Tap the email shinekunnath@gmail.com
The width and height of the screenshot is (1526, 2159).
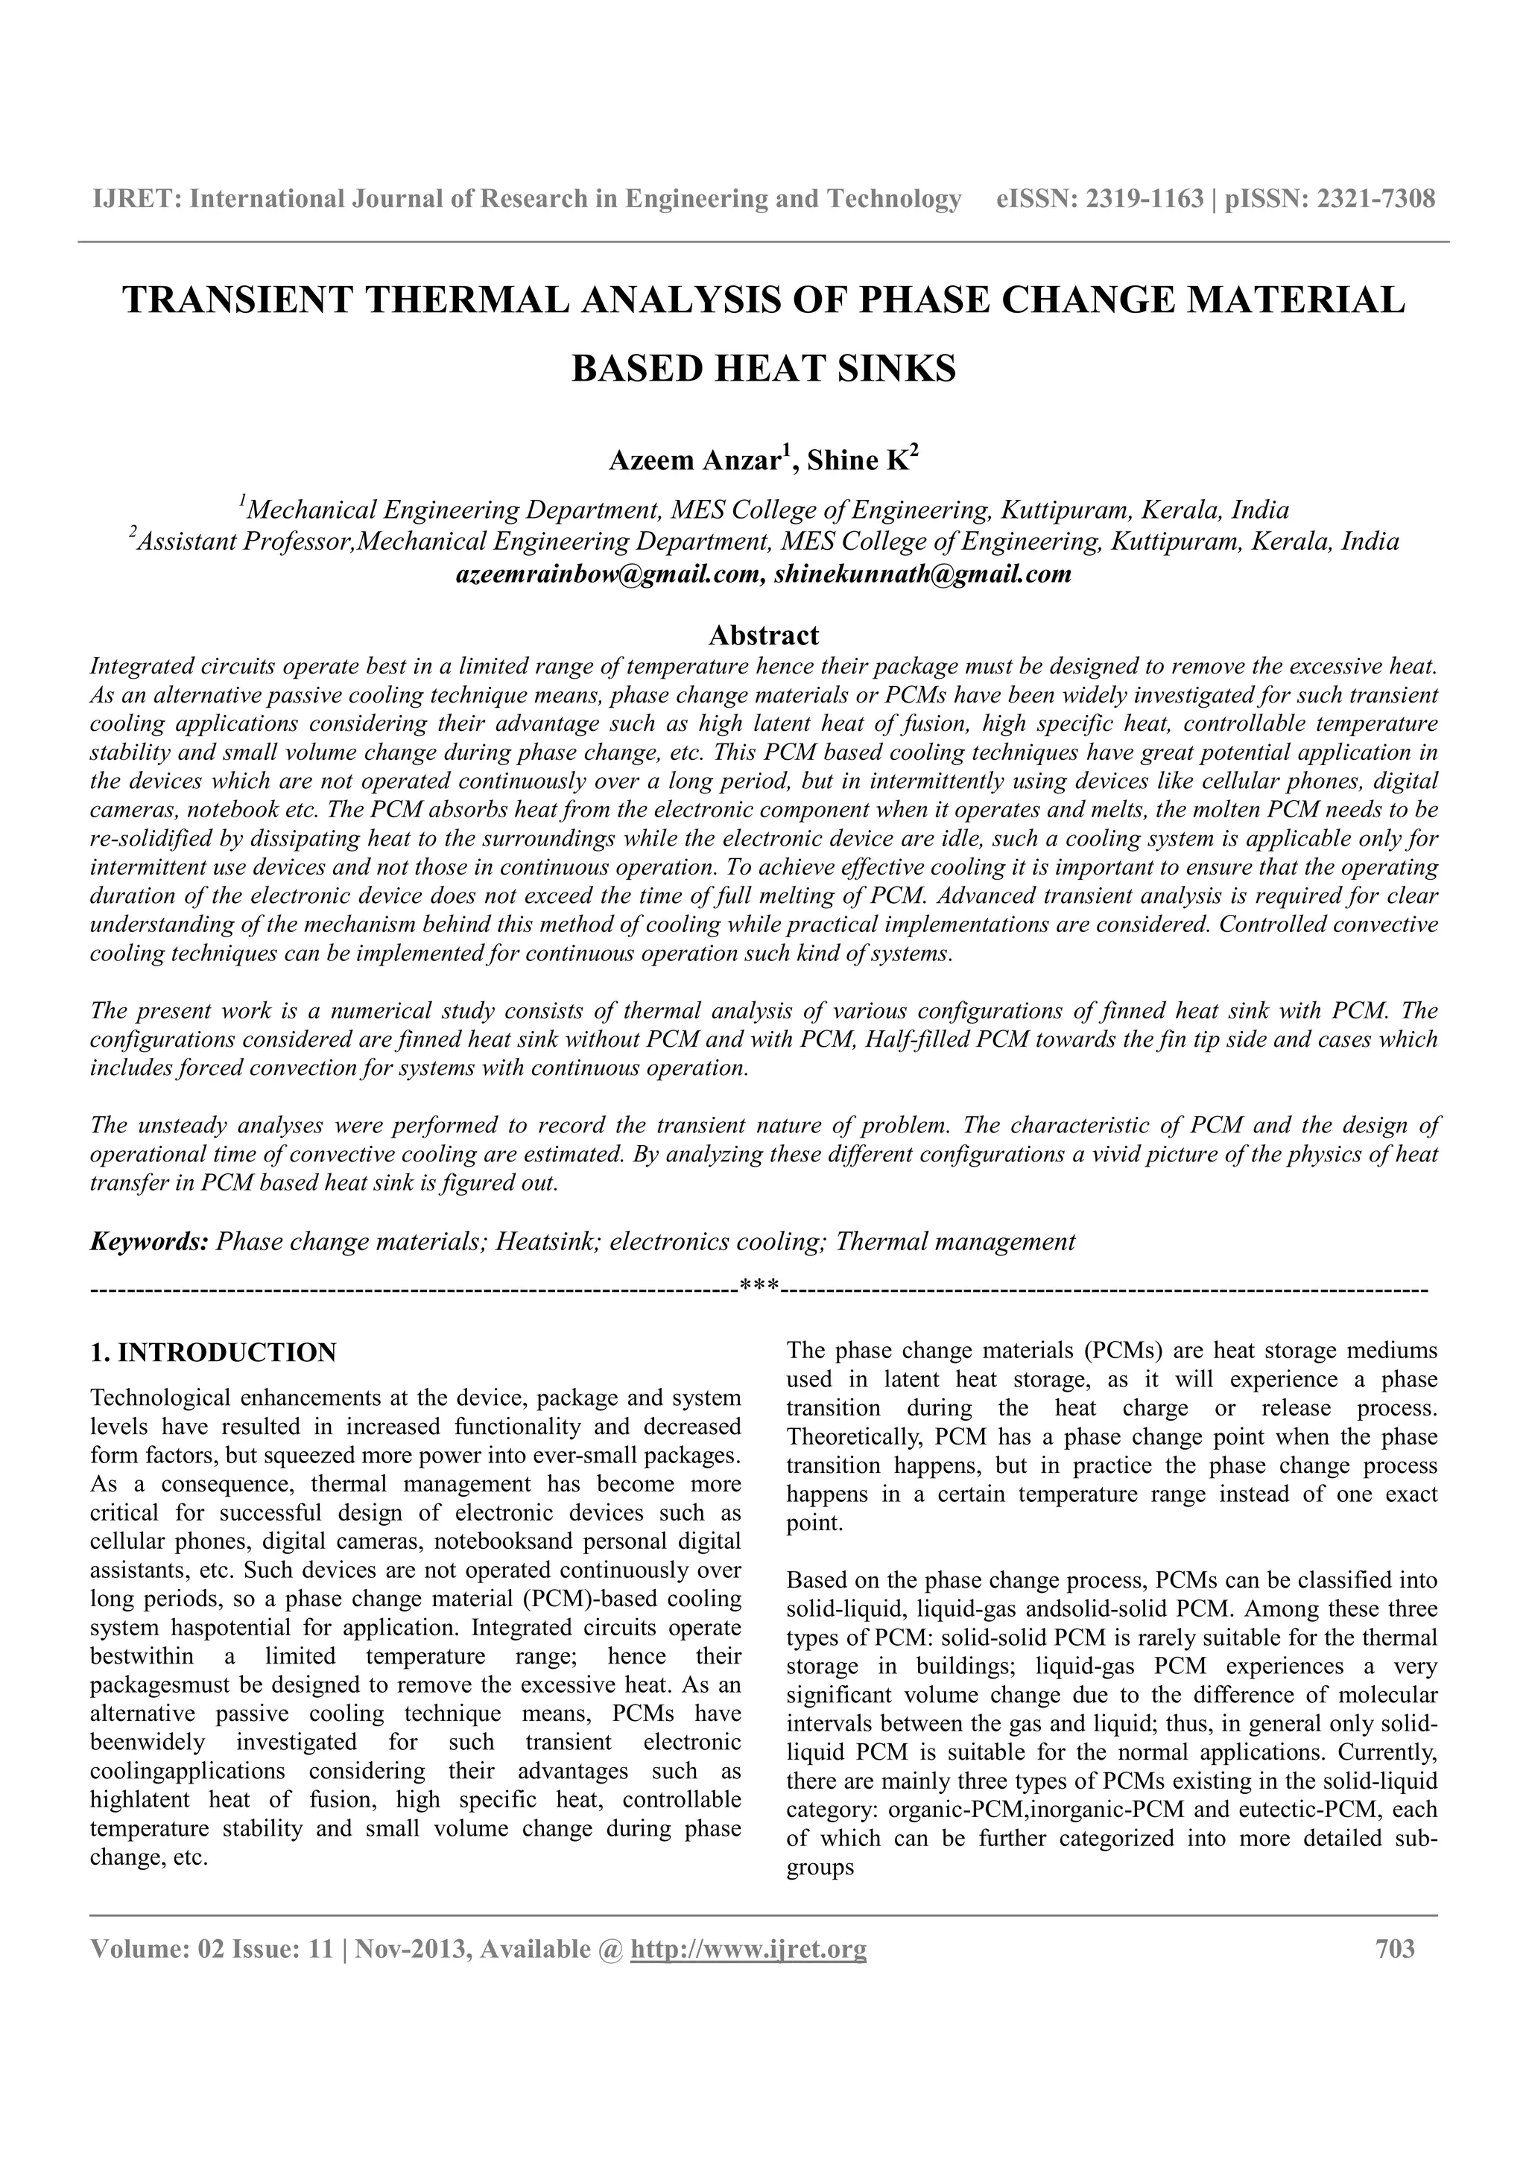(922, 574)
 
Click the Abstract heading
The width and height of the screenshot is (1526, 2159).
(764, 635)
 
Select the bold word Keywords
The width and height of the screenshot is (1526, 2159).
(148, 1242)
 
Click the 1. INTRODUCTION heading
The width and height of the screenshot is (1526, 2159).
(212, 1353)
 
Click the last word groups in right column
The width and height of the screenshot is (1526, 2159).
(820, 1868)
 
